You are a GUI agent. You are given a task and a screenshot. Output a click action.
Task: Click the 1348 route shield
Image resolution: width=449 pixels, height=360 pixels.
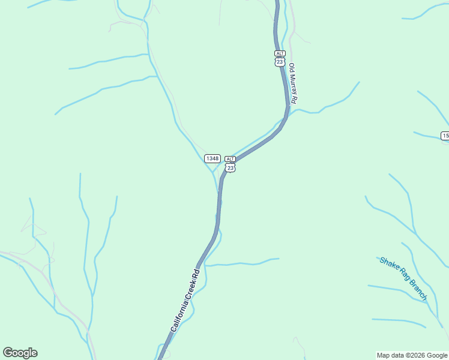212,158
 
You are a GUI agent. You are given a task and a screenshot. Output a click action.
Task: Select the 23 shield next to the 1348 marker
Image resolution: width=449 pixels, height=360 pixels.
230,168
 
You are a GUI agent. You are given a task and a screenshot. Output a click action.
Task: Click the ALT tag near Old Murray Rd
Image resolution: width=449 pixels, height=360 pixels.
280,53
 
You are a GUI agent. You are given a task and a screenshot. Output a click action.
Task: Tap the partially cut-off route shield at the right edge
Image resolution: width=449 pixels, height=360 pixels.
445,136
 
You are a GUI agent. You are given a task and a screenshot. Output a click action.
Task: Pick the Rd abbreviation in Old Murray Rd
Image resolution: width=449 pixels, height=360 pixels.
294,100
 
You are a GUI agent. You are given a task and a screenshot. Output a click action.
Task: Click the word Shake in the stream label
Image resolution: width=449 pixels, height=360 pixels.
388,265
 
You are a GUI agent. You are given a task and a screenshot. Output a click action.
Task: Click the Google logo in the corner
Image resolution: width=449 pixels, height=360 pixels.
20,353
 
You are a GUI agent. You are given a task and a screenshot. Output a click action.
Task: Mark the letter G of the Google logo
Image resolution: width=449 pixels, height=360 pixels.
8,353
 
